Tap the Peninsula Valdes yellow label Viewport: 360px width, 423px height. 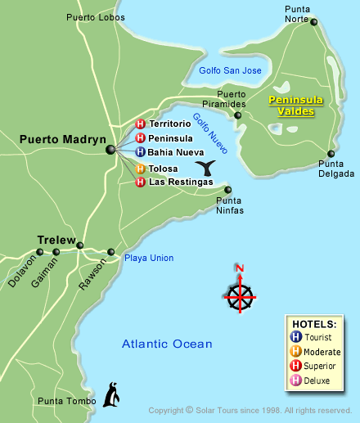pyautogui.click(x=296, y=106)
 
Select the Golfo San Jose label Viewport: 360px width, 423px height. pyautogui.click(x=230, y=71)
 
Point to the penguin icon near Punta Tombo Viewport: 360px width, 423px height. pyautogui.click(x=112, y=394)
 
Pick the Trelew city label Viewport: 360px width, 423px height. pyautogui.click(x=56, y=239)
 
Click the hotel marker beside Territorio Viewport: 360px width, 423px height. pyautogui.click(x=140, y=124)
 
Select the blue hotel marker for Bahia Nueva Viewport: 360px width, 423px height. pyautogui.click(x=140, y=152)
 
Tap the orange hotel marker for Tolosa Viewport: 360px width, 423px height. pyautogui.click(x=140, y=169)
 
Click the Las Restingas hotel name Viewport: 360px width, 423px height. pyautogui.click(x=180, y=182)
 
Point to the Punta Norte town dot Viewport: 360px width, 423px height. pyautogui.click(x=314, y=22)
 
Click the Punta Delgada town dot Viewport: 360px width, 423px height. pyautogui.click(x=331, y=153)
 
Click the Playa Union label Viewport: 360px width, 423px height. pyautogui.click(x=149, y=258)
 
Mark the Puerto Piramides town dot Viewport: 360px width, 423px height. pyautogui.click(x=238, y=115)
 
